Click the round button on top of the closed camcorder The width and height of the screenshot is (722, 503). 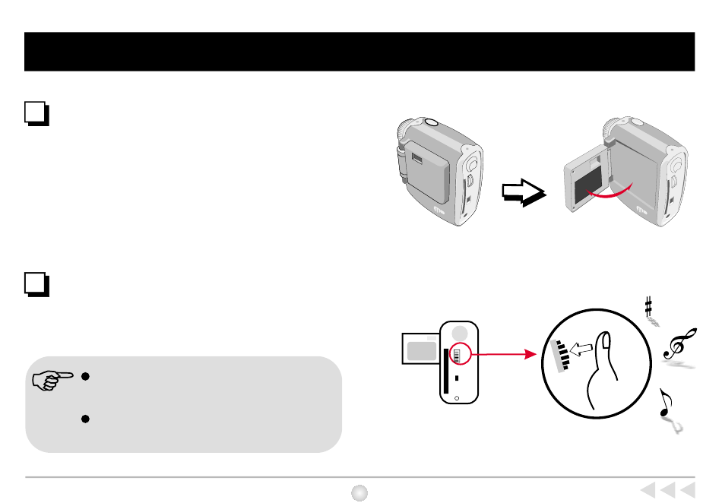click(429, 122)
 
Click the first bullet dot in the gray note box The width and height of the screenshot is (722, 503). click(87, 376)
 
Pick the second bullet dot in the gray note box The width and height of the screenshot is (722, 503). click(87, 419)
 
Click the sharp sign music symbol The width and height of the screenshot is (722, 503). click(648, 307)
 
